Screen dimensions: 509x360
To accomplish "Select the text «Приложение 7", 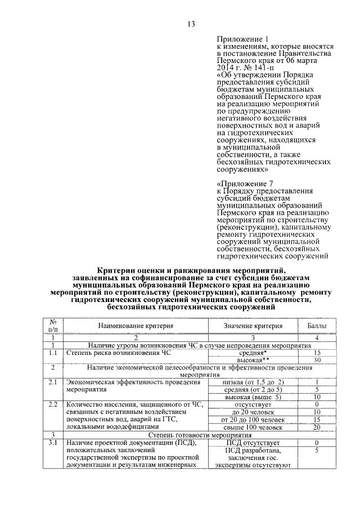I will pyautogui.click(x=245, y=183).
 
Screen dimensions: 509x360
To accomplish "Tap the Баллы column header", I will pyautogui.click(x=317, y=325).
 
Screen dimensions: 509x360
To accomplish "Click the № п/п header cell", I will pyautogui.click(x=53, y=325).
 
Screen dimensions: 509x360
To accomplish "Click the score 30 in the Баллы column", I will pyautogui.click(x=317, y=359).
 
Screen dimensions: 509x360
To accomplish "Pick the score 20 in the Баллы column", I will pyautogui.click(x=317, y=427).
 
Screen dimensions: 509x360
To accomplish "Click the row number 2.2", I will pyautogui.click(x=53, y=404).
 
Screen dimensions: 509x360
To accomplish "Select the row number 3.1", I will pyautogui.click(x=53, y=443).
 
